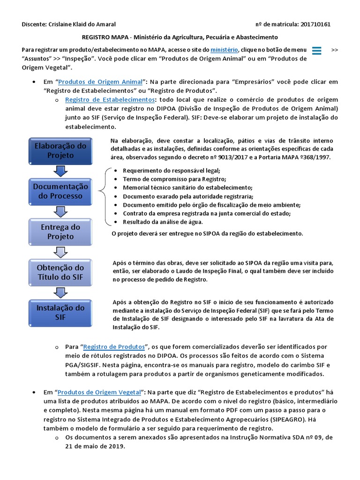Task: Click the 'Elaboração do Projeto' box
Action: click(60, 150)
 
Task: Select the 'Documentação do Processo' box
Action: click(60, 191)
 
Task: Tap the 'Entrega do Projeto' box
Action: click(60, 232)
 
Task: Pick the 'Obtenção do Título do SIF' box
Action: click(60, 272)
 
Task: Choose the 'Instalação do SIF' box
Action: click(60, 313)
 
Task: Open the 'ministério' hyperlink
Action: click(224, 50)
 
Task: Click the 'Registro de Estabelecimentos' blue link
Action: click(110, 100)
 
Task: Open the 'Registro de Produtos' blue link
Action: click(114, 347)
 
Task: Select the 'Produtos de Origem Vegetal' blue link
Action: click(99, 391)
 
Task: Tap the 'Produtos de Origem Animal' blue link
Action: click(103, 82)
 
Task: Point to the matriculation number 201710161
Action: click(312, 24)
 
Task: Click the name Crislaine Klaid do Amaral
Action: click(82, 24)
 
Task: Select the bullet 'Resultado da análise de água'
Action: click(163, 222)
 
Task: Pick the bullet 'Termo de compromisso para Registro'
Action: click(174, 179)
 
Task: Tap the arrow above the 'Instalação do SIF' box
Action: click(60, 293)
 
